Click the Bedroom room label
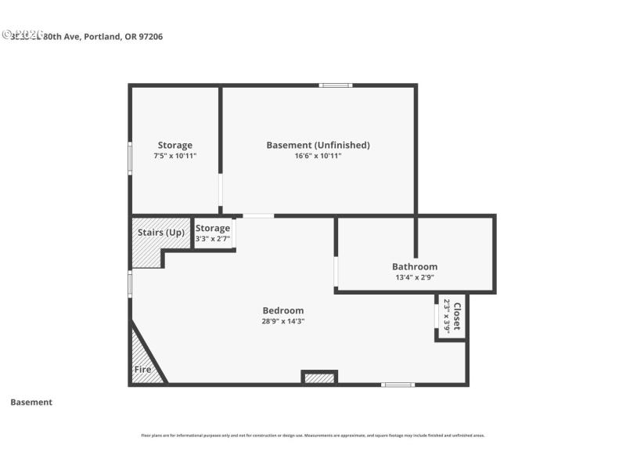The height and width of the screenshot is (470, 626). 282,310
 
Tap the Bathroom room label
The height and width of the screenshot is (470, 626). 414,266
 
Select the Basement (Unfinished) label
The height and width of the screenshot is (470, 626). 318,145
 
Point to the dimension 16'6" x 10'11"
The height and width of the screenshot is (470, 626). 318,156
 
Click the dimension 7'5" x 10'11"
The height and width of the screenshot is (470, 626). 174,156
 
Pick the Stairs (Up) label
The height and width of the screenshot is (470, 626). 161,233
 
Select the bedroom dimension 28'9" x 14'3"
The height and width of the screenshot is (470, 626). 282,321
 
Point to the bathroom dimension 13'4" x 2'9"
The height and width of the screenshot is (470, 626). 414,277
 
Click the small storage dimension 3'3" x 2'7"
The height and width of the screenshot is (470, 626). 213,239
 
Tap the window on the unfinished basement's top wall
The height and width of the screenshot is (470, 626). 335,85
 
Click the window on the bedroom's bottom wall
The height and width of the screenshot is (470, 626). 398,385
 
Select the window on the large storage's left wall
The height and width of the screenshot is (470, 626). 130,156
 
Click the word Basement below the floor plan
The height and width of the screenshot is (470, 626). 31,402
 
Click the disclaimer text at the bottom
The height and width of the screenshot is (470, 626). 312,435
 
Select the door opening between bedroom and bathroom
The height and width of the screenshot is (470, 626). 336,272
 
